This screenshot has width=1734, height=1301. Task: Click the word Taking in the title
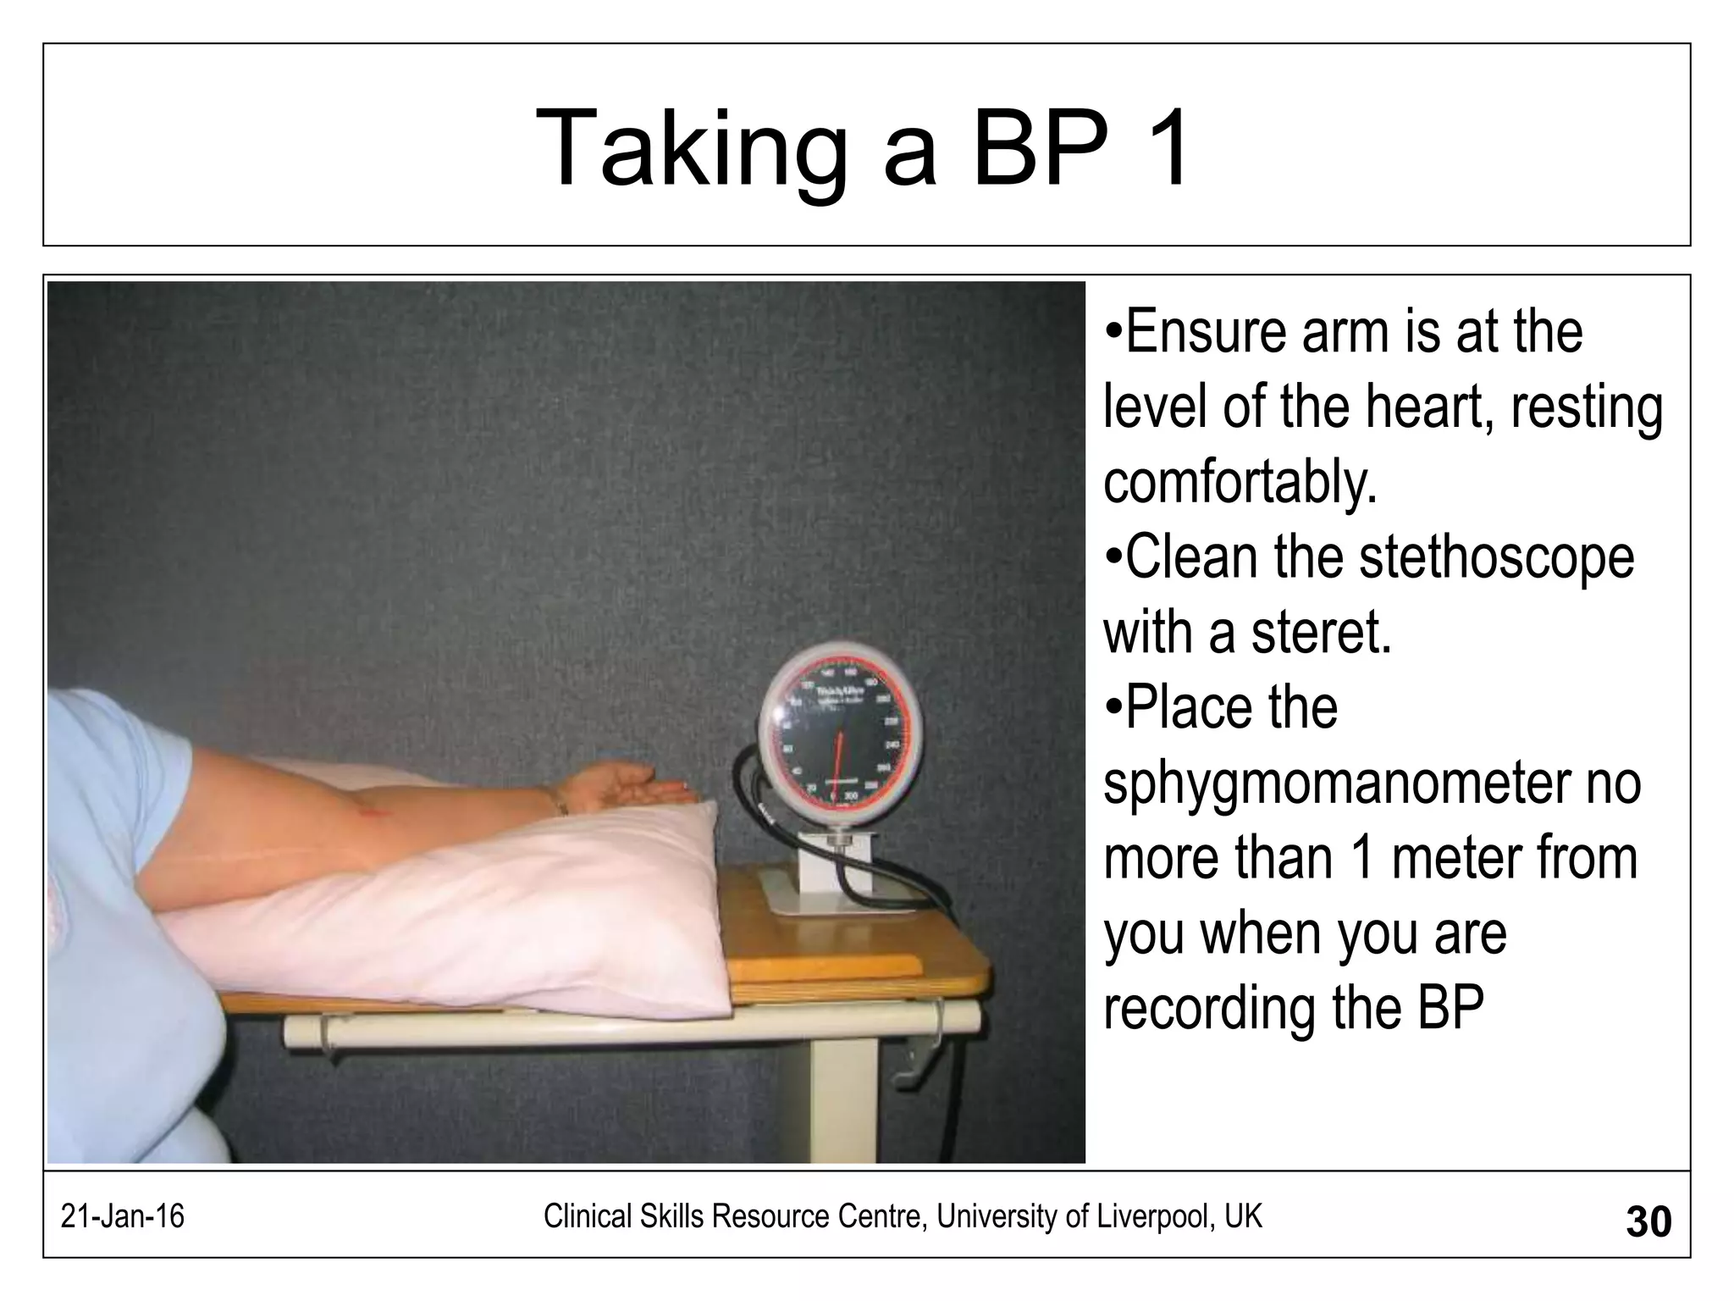click(x=690, y=149)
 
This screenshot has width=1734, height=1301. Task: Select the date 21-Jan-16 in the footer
click(x=123, y=1217)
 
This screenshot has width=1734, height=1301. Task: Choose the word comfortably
click(x=1241, y=482)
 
